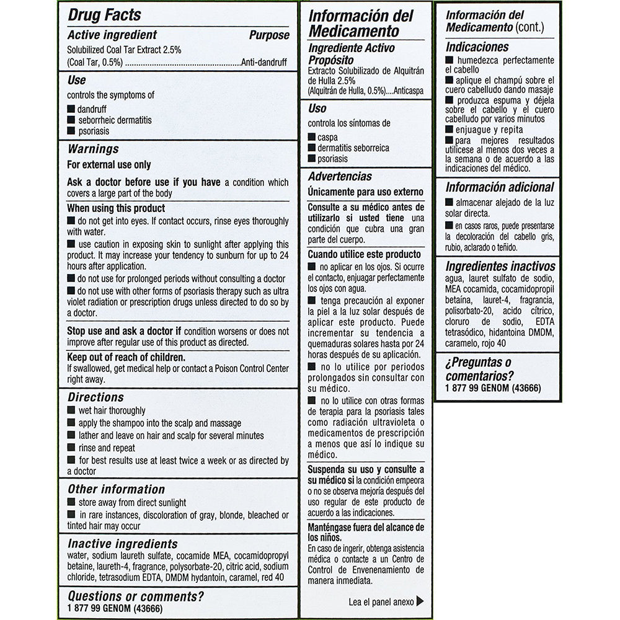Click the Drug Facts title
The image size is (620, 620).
pyautogui.click(x=104, y=15)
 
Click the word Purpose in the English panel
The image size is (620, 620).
pyautogui.click(x=269, y=35)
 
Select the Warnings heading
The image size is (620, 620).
pyautogui.click(x=93, y=149)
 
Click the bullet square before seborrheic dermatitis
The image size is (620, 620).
pyautogui.click(x=71, y=120)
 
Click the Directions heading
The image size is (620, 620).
pyautogui.click(x=95, y=397)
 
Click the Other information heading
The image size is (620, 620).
pyautogui.click(x=116, y=489)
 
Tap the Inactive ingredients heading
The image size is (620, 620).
pyautogui.click(x=122, y=544)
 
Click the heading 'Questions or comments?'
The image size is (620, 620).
pyautogui.click(x=136, y=597)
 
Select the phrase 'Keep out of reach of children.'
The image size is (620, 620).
pyautogui.click(x=126, y=358)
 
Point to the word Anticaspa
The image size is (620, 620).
pyautogui.click(x=407, y=91)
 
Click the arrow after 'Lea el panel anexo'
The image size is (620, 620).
pyautogui.click(x=420, y=601)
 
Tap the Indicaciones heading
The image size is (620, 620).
pyautogui.click(x=477, y=47)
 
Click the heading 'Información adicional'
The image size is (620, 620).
pyautogui.click(x=500, y=187)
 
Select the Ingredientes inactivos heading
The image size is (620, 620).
pyautogui.click(x=500, y=267)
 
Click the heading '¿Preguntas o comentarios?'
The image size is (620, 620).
pyautogui.click(x=479, y=369)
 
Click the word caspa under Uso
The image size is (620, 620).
pyautogui.click(x=327, y=137)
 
